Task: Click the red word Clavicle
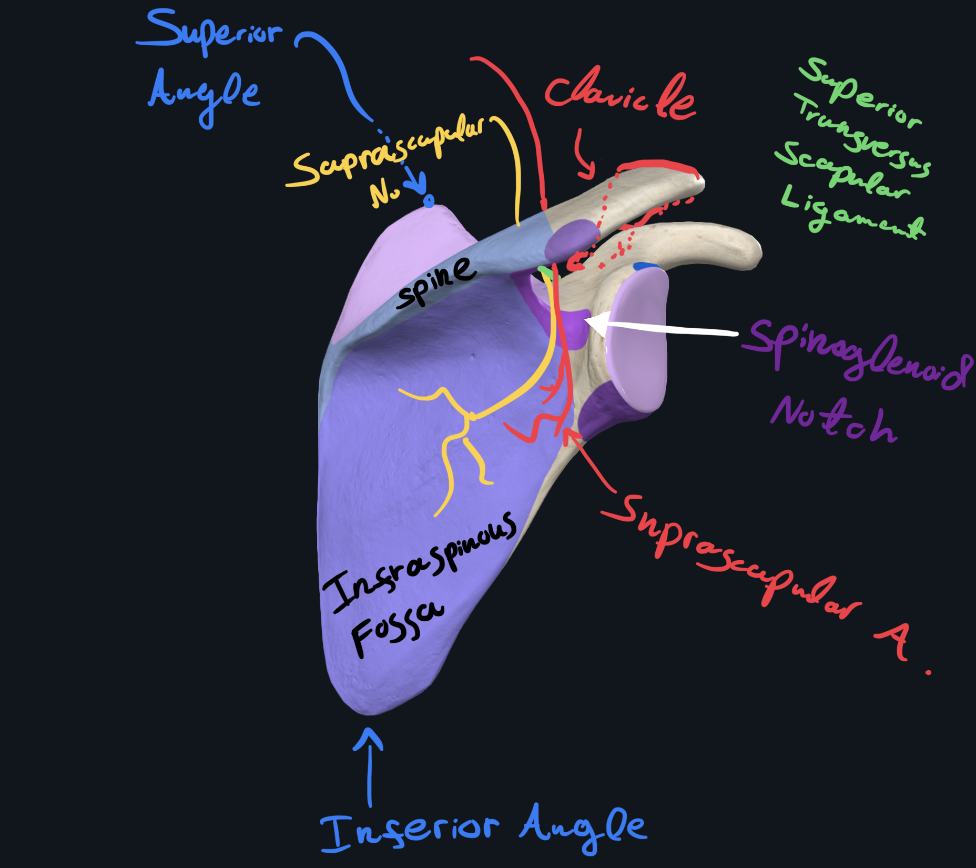[x=621, y=97]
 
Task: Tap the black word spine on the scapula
[x=436, y=284]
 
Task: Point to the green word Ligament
[x=852, y=213]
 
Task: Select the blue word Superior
[x=210, y=32]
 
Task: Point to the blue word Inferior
[x=410, y=831]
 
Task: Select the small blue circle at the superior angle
[x=429, y=200]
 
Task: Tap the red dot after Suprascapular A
[x=929, y=672]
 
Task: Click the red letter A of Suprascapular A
[x=894, y=639]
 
